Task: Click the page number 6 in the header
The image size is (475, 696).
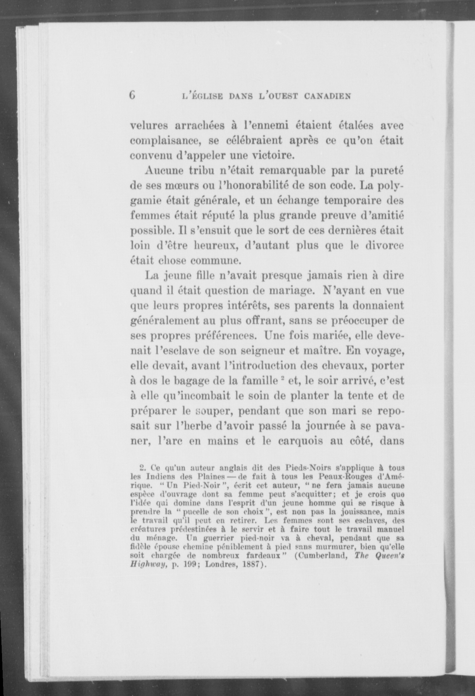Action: pos(132,95)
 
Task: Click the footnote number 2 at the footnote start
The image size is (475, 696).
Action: pos(142,468)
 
